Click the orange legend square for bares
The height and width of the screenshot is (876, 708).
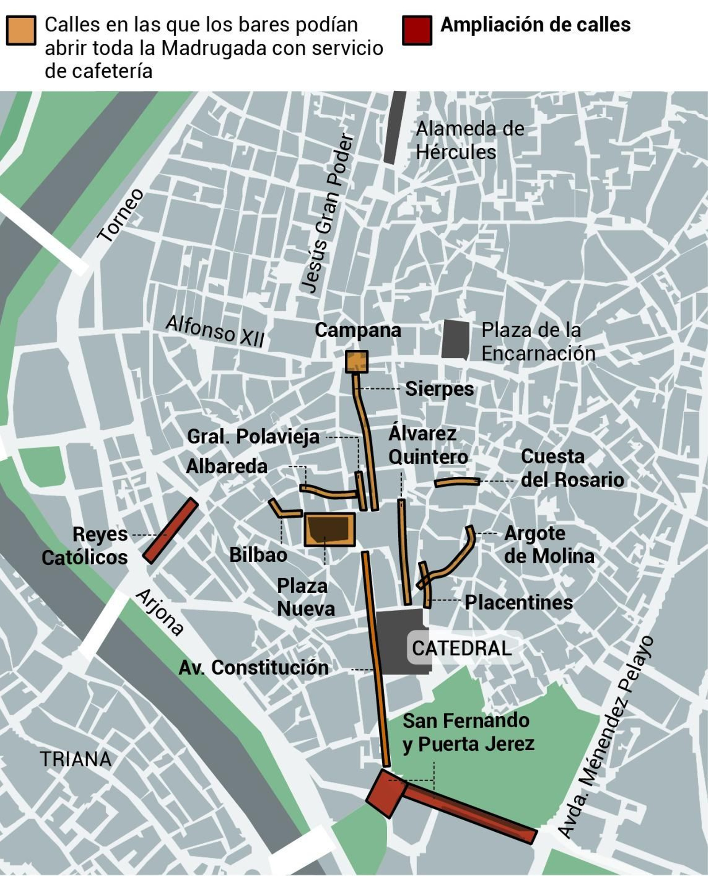click(21, 31)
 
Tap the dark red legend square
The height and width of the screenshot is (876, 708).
click(417, 31)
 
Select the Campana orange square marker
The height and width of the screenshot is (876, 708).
click(357, 362)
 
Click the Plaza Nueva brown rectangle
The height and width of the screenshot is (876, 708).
click(330, 529)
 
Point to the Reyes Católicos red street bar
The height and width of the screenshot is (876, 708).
click(170, 531)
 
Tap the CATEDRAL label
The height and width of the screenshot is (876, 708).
click(462, 648)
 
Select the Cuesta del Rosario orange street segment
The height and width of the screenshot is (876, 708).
click(457, 482)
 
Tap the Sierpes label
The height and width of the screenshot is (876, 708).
click(439, 389)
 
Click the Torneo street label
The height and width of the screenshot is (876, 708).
click(121, 216)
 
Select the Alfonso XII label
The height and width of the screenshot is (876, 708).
click(215, 331)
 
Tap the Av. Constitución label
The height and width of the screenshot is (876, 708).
click(254, 668)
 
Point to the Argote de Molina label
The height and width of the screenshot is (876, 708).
click(549, 545)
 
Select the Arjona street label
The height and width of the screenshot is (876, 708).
click(160, 612)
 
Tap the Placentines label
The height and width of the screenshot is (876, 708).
click(519, 602)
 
